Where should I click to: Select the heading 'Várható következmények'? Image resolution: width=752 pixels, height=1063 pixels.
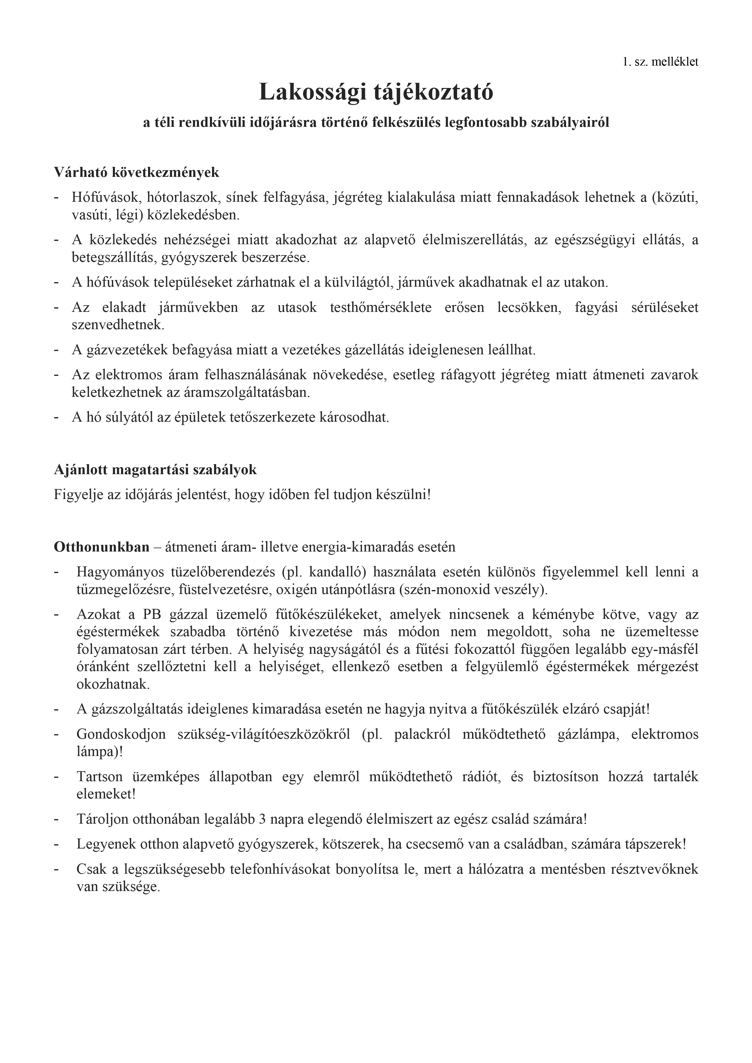click(137, 173)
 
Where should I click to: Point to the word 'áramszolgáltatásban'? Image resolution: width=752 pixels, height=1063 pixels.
click(190, 392)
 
